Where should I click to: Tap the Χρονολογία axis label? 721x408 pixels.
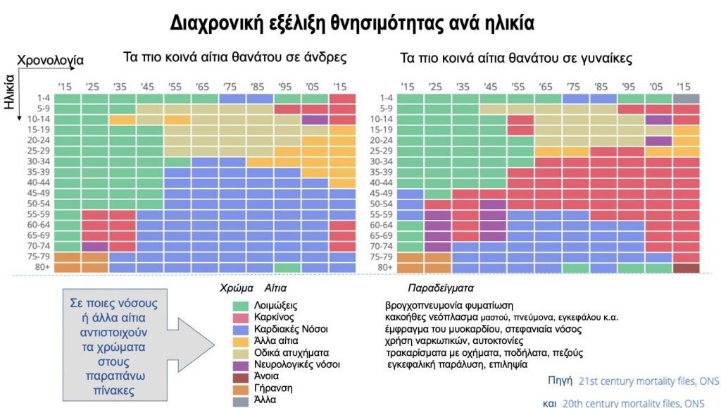click(50, 61)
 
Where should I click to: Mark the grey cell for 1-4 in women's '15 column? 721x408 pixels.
click(686, 99)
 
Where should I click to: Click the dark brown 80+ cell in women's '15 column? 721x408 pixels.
click(686, 268)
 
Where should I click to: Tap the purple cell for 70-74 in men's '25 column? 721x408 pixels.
click(94, 247)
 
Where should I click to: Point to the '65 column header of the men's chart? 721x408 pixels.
click(203, 87)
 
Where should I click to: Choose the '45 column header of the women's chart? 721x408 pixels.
click(490, 87)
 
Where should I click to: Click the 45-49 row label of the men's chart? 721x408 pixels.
click(38, 194)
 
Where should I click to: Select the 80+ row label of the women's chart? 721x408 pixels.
click(384, 268)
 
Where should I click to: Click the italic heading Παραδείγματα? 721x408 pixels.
click(440, 289)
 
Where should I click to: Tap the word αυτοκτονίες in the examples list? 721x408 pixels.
click(487, 341)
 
